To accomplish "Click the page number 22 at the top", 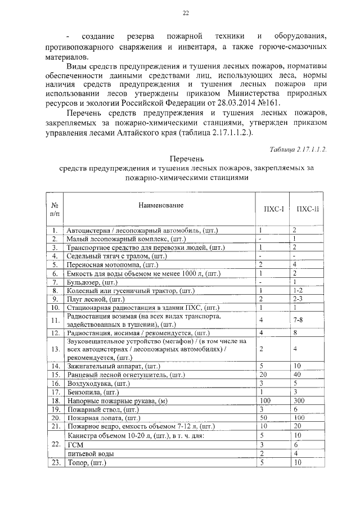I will tap(186, 13).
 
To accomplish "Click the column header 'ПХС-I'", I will tap(267, 209).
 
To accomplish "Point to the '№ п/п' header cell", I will tap(55, 209).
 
